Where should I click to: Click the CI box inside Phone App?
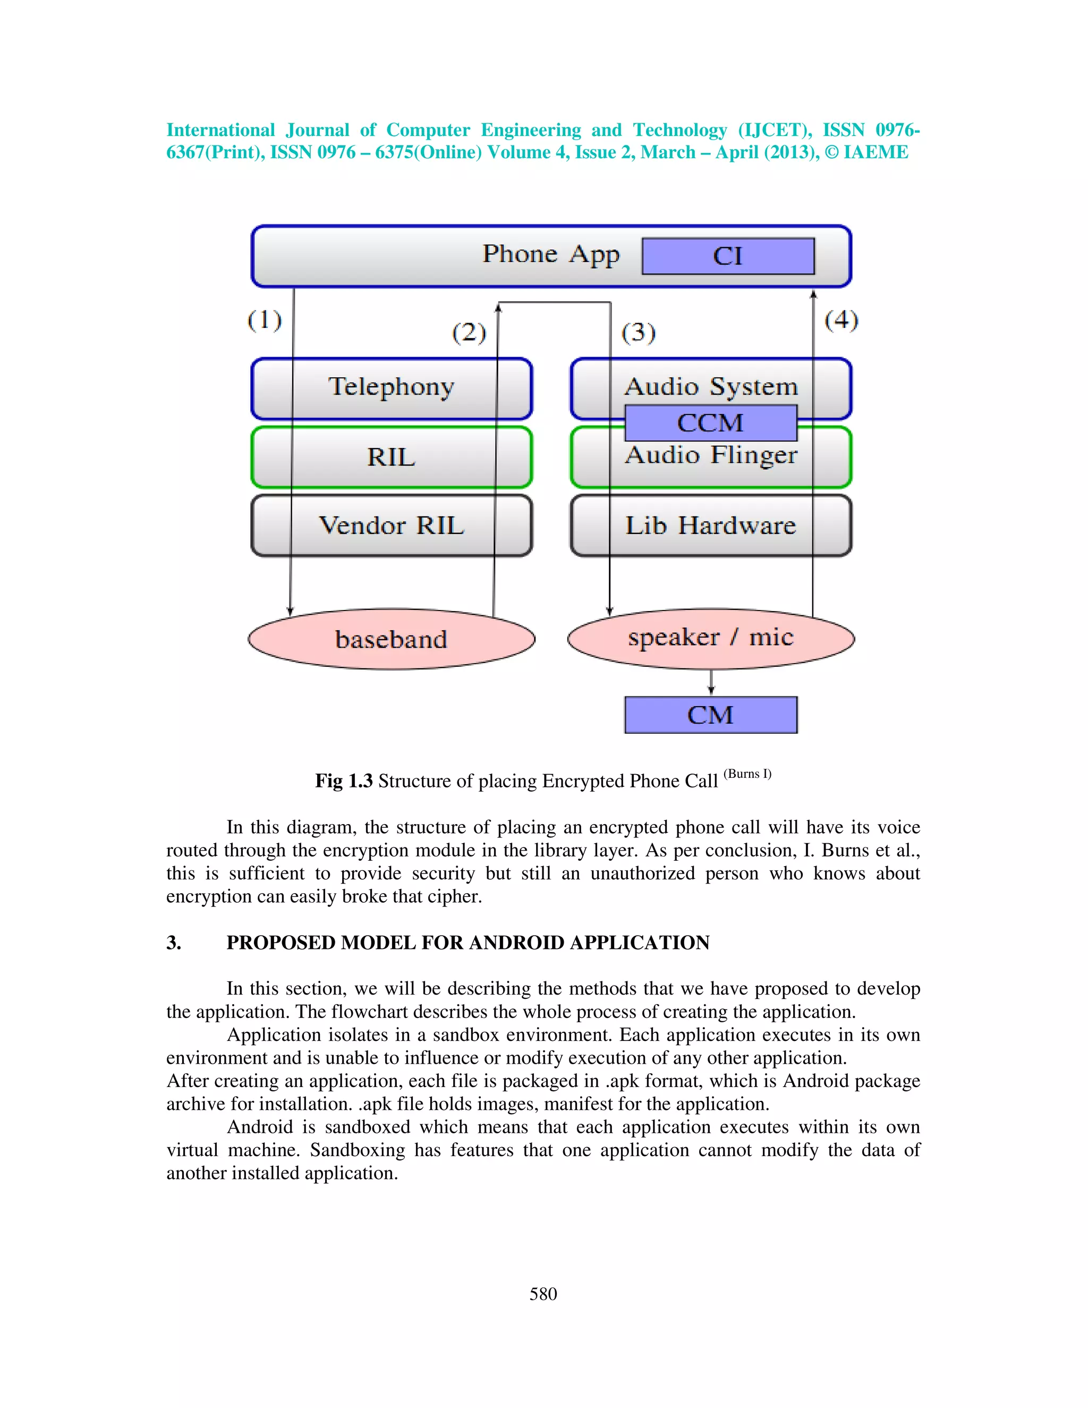click(x=728, y=256)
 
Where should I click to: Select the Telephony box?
click(x=391, y=388)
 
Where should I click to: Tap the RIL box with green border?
click(x=391, y=457)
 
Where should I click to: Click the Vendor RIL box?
click(x=391, y=525)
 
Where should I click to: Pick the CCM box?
click(x=710, y=423)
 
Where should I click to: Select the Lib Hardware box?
click(x=710, y=525)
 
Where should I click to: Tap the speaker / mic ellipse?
click(x=710, y=638)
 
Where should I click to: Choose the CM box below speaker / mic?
click(x=710, y=715)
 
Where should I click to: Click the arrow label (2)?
click(x=469, y=333)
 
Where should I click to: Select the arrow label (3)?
click(x=638, y=333)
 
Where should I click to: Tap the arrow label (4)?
click(x=841, y=320)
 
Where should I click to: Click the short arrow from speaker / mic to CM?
click(x=711, y=682)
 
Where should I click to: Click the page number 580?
click(x=543, y=1294)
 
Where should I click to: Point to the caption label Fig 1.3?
click(x=344, y=781)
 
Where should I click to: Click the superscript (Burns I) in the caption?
click(x=747, y=774)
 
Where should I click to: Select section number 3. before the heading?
click(x=173, y=943)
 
